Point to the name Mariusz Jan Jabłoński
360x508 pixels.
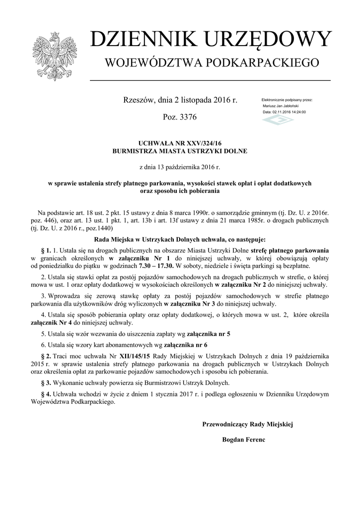[281, 106]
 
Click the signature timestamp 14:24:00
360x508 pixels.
[298, 112]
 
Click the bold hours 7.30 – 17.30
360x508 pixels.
[156, 265]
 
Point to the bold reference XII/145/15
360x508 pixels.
[132, 356]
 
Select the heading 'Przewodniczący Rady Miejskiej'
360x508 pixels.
[248, 424]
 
